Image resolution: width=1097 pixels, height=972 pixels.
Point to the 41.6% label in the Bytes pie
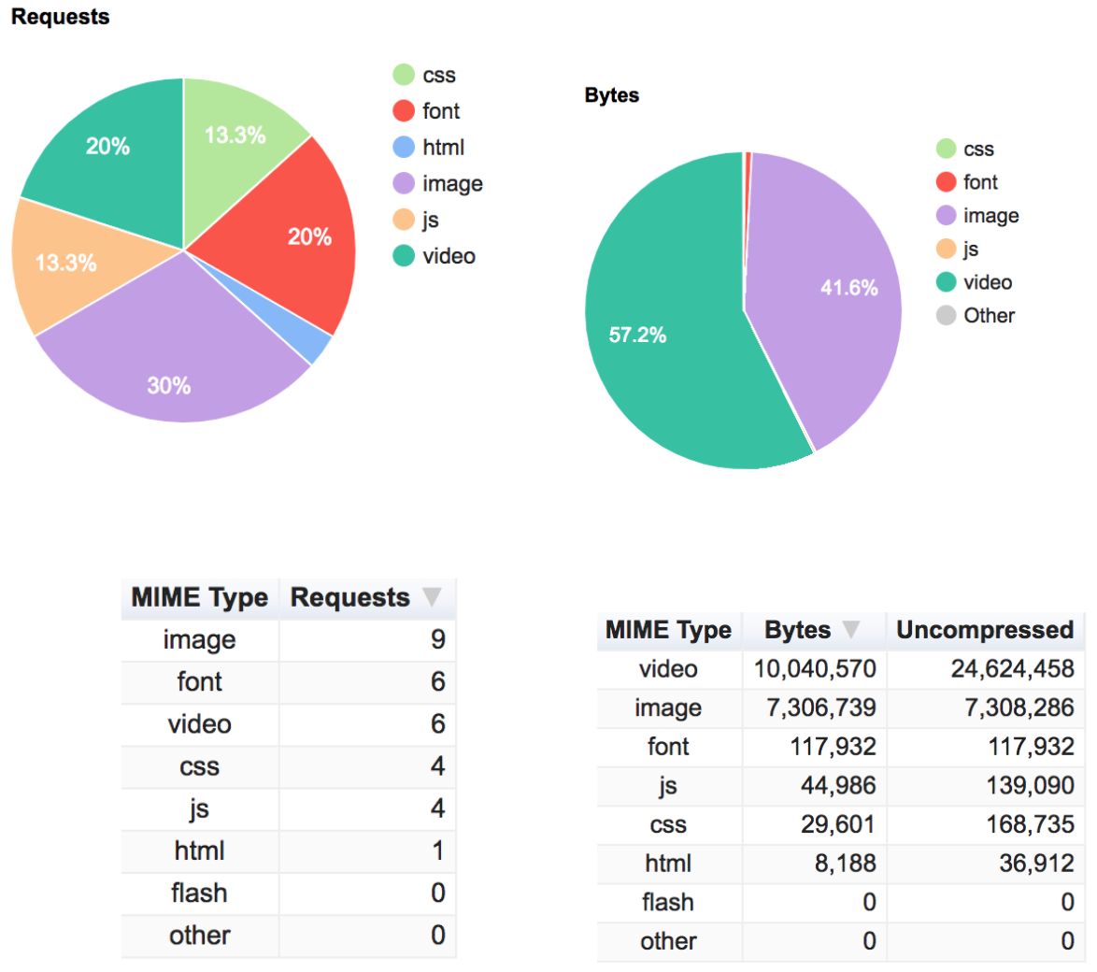[848, 288]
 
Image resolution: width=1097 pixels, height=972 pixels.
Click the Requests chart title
[60, 17]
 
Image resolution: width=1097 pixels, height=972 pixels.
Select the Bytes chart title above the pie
[612, 95]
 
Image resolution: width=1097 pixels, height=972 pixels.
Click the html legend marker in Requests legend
[404, 148]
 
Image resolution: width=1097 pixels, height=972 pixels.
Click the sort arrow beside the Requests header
[432, 597]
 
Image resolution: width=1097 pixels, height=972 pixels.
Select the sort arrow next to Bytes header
[851, 630]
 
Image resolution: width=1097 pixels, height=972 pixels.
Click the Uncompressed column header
[985, 630]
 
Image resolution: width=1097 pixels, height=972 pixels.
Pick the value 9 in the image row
[437, 640]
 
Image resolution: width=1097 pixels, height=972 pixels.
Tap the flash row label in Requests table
[199, 893]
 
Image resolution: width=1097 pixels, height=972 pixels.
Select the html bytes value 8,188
[845, 863]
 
